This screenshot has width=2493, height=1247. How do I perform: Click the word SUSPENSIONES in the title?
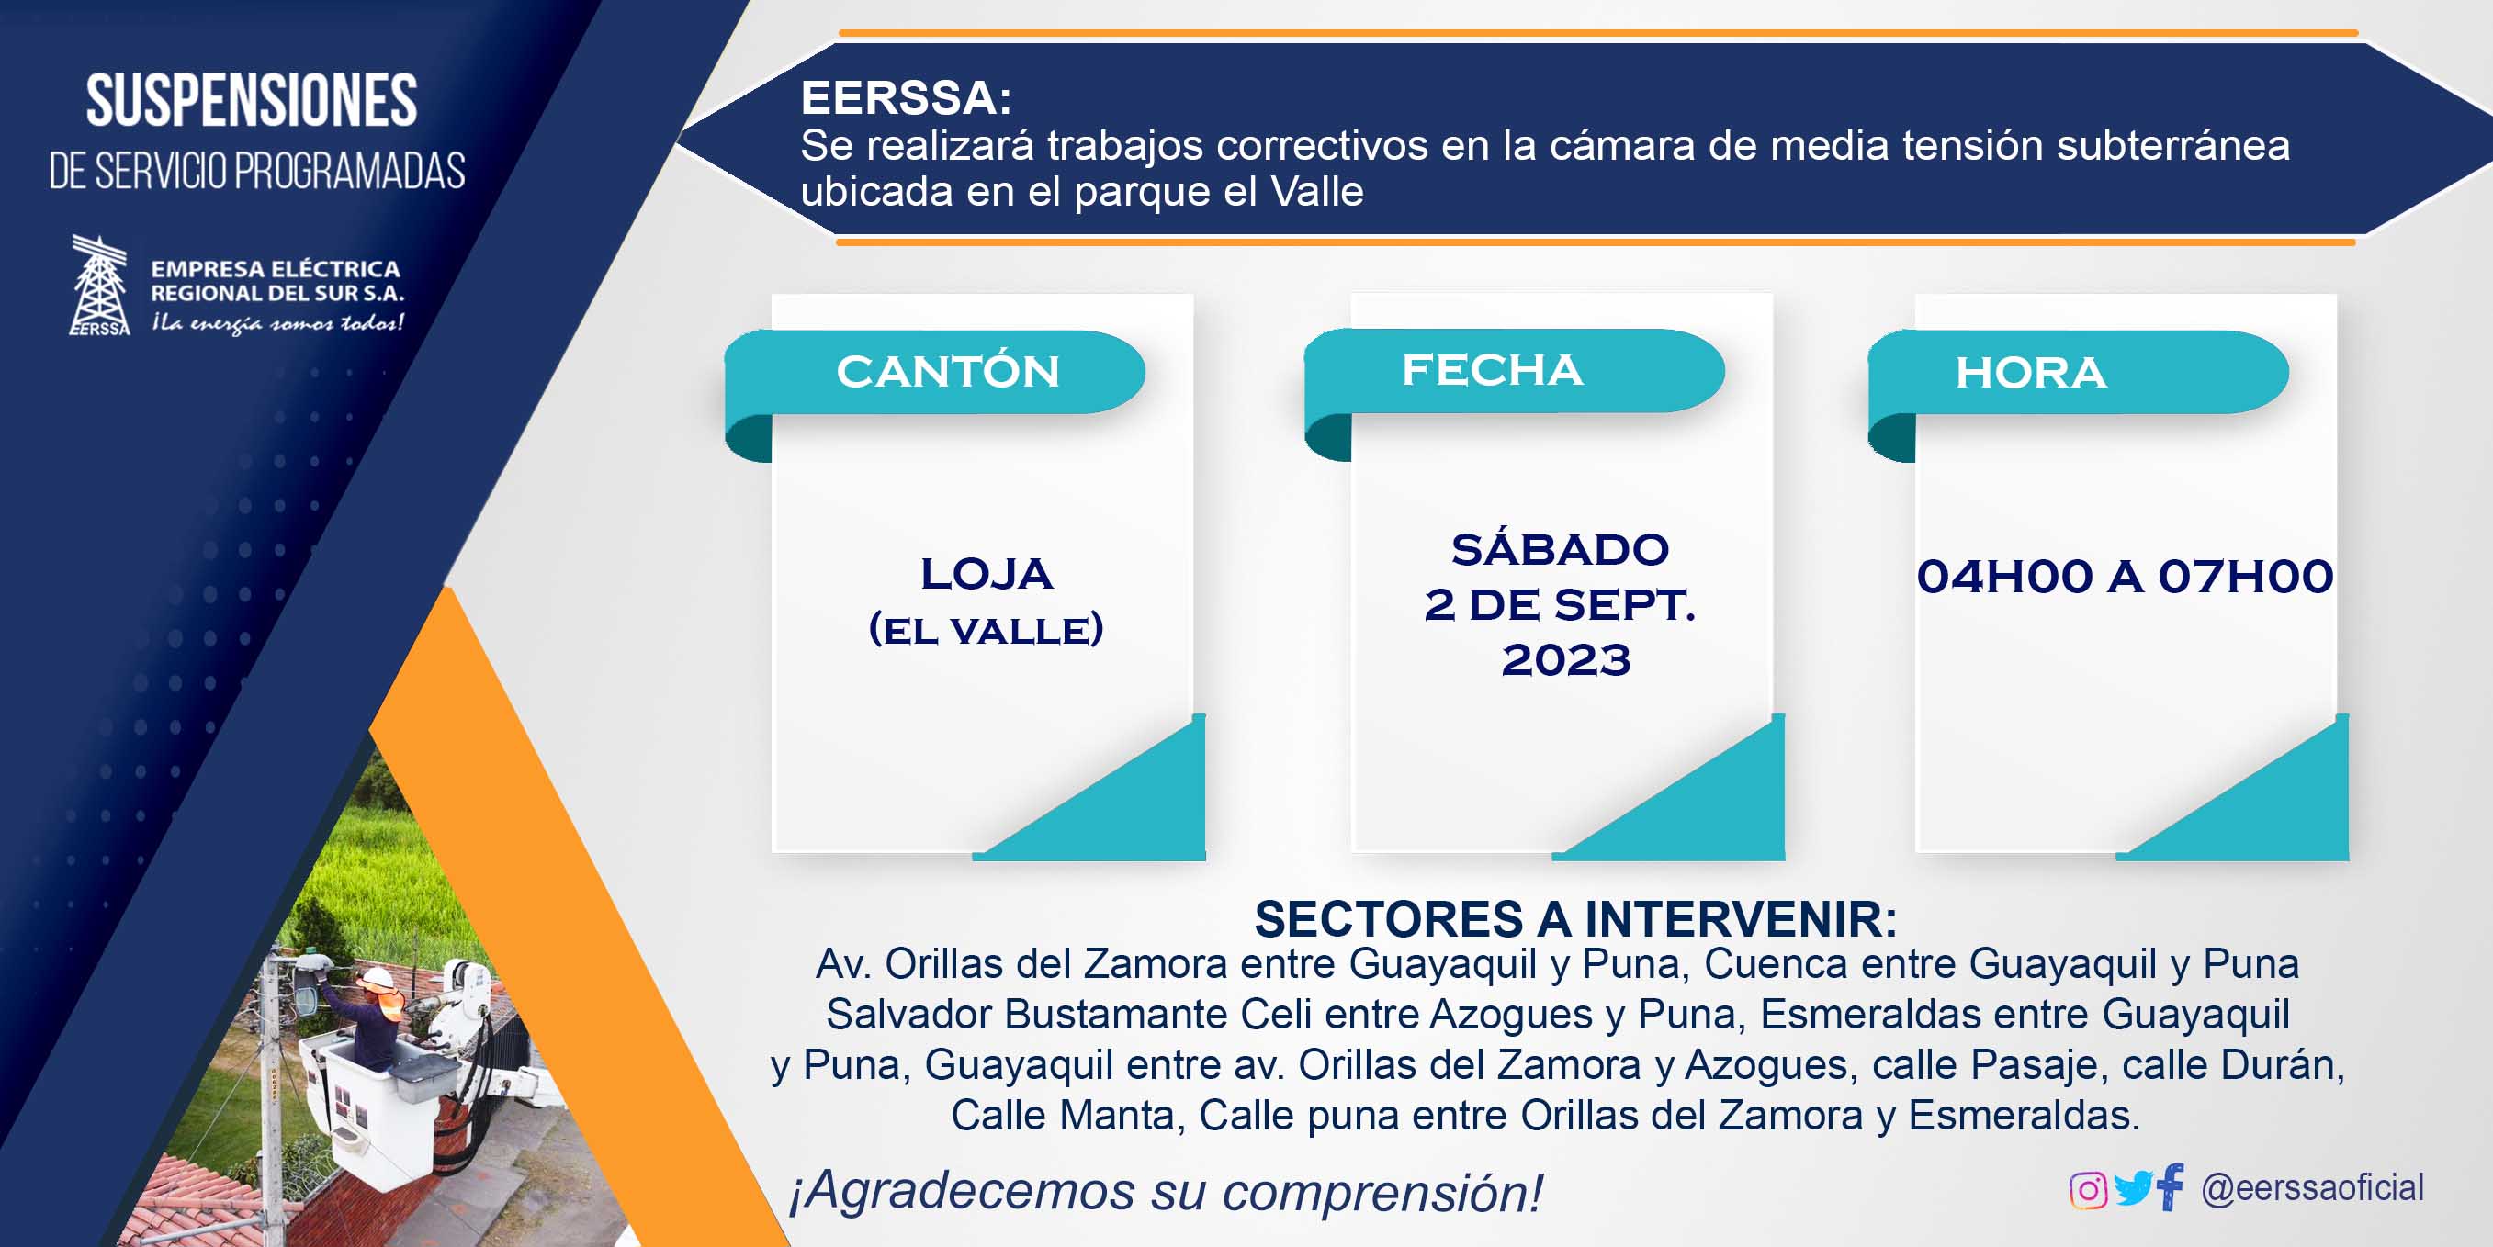coord(252,100)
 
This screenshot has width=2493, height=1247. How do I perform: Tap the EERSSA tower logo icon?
coord(100,286)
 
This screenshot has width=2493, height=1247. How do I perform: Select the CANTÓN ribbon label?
coord(947,372)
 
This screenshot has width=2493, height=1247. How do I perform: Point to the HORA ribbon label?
coord(2030,373)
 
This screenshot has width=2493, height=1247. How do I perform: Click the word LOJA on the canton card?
coord(987,574)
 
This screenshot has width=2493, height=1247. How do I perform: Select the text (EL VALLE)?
coord(987,630)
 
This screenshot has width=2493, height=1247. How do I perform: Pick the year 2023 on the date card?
coord(1566,660)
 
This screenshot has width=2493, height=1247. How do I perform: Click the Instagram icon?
coord(2088,1190)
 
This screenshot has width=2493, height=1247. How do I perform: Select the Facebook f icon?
coord(2170,1186)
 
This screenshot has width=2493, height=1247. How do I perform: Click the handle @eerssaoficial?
coord(2312,1188)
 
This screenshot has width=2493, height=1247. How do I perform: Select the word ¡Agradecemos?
coord(962,1192)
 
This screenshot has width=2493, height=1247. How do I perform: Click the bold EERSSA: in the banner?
coord(906,97)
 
